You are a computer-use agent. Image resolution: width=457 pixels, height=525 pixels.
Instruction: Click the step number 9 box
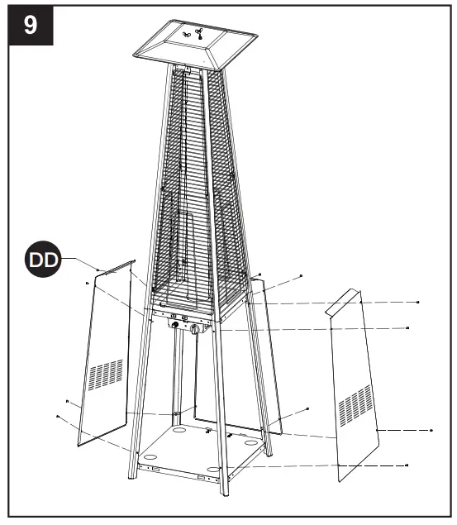[x=30, y=24]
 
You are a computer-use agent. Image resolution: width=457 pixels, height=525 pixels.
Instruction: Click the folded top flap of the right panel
[x=342, y=302]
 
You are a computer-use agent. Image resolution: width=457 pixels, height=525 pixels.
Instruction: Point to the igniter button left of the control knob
[x=174, y=325]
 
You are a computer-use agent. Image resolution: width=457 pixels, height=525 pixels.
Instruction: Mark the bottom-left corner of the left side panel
[x=79, y=445]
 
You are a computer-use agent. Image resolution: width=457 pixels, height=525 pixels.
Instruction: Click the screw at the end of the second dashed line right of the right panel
[x=407, y=328]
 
